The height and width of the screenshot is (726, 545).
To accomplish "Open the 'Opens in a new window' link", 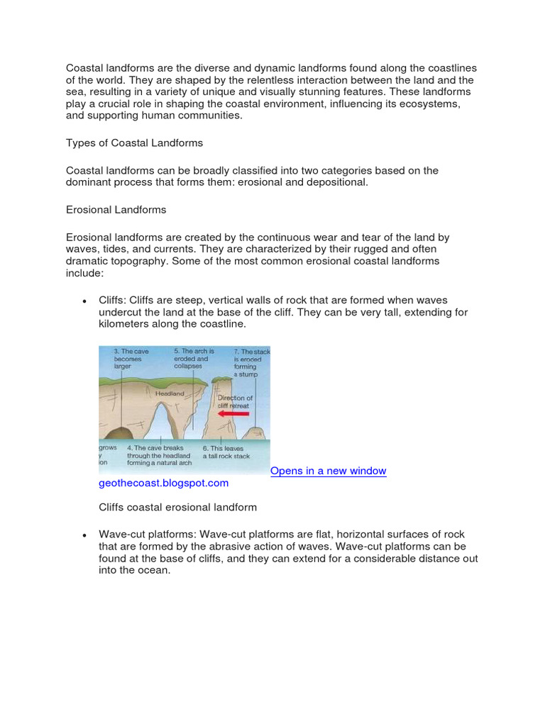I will [329, 471].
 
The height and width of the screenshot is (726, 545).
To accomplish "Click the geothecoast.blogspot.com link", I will [164, 483].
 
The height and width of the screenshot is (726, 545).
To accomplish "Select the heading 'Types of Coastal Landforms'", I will [134, 143].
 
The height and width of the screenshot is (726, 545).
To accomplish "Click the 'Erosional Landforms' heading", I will [116, 209].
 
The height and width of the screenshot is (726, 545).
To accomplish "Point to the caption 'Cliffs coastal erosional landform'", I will [177, 507].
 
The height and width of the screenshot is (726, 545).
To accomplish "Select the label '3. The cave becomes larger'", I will [128, 359].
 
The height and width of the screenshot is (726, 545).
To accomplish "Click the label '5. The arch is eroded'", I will [193, 359].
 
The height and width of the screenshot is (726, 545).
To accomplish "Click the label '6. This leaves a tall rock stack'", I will [226, 452].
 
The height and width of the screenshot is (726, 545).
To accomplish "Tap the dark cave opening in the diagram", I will [116, 433].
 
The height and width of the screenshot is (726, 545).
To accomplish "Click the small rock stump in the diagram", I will [255, 432].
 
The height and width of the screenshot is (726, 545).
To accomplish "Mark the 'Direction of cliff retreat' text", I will [234, 402].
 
